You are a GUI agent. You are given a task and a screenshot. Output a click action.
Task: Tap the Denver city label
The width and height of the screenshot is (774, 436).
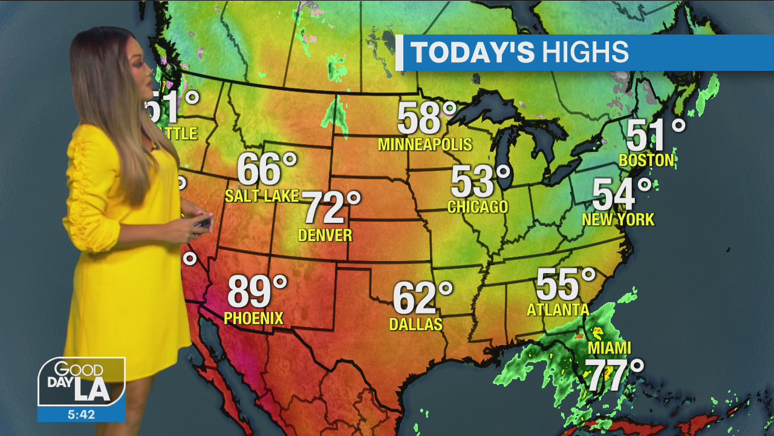(x=325, y=234)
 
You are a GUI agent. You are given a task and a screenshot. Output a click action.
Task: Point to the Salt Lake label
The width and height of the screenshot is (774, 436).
(x=262, y=196)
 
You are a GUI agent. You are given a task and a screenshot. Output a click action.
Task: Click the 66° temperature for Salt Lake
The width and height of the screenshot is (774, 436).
(x=267, y=169)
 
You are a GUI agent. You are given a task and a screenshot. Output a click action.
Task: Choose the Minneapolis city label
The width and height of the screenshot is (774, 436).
(x=424, y=144)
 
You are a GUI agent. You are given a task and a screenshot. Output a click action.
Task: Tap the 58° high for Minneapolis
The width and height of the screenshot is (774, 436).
(x=426, y=118)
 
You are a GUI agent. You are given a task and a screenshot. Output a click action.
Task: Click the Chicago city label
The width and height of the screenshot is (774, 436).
(x=478, y=206)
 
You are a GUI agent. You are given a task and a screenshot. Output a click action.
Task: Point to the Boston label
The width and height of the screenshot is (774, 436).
(x=646, y=160)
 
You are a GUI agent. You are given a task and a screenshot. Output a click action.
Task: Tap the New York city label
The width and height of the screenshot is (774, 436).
(x=618, y=219)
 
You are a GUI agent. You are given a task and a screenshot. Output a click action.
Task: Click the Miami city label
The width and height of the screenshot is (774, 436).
(x=610, y=348)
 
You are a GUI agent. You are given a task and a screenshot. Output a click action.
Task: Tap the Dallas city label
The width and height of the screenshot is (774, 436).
(x=416, y=325)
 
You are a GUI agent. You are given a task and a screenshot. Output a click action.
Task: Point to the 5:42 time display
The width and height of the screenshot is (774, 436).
(x=81, y=414)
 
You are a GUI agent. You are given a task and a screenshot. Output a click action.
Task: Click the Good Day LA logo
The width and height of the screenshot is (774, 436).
(x=81, y=381)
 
